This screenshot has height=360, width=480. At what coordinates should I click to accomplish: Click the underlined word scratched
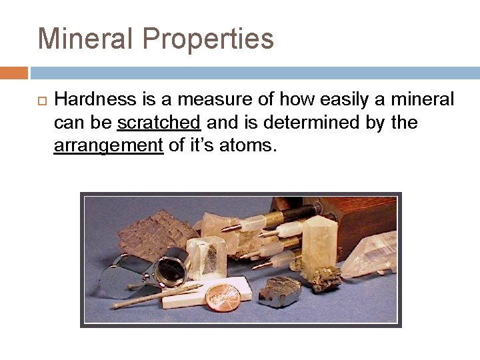tap(159, 123)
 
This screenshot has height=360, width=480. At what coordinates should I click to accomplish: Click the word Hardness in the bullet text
tap(95, 100)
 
